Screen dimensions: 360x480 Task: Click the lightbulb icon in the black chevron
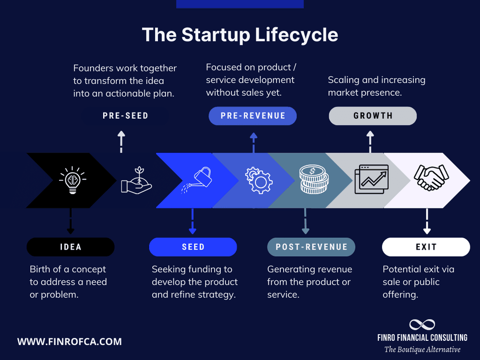(72, 180)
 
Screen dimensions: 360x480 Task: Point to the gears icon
(259, 180)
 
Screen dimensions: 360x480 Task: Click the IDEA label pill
(71, 247)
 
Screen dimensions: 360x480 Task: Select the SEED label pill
(193, 247)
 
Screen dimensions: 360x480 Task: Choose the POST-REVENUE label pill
(311, 247)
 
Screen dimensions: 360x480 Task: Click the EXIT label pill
(426, 247)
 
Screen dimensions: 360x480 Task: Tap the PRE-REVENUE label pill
(252, 116)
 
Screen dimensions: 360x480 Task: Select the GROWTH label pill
(372, 116)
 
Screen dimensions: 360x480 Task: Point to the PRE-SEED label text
(125, 116)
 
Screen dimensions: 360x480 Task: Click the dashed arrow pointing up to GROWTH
(370, 142)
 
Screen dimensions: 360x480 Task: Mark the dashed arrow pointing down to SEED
(192, 221)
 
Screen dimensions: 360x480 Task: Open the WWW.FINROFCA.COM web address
(70, 342)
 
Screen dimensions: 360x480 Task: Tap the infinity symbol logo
(422, 324)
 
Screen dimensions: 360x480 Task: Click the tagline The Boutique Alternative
(422, 349)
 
